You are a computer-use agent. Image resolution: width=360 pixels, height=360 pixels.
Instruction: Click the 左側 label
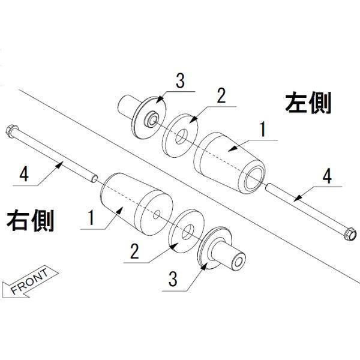tap(308, 103)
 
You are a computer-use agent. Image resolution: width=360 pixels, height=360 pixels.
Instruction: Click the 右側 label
tap(30, 220)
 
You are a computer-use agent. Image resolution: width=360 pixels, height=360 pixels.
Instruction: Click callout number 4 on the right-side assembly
tap(23, 174)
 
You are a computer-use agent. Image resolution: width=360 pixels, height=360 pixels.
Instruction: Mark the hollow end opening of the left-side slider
tap(252, 179)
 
